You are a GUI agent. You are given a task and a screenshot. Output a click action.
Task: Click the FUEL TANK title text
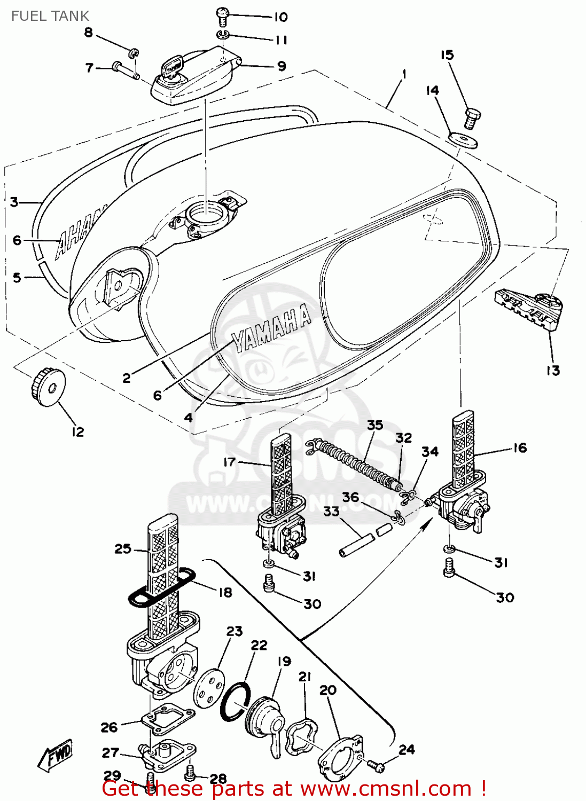(x=50, y=16)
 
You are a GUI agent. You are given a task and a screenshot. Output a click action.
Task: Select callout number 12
(x=78, y=432)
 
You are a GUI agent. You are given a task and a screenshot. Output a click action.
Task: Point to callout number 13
(x=553, y=370)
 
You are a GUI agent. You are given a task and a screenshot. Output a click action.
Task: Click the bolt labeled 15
(x=472, y=118)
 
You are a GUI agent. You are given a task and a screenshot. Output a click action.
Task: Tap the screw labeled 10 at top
(x=223, y=16)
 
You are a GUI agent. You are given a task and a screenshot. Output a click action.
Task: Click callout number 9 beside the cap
(x=282, y=66)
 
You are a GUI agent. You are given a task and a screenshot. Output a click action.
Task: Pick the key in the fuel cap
(x=173, y=68)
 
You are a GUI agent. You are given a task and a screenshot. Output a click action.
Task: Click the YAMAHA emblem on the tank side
(x=271, y=328)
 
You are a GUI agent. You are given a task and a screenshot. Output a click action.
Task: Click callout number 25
(x=123, y=548)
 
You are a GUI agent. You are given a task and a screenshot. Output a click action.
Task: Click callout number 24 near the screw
(x=407, y=749)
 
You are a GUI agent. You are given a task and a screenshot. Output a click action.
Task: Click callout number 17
(x=229, y=461)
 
